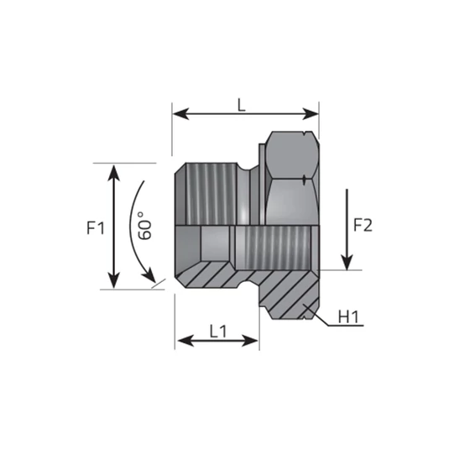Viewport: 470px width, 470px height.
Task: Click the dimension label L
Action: point(242,104)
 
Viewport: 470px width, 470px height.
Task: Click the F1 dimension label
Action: point(95,227)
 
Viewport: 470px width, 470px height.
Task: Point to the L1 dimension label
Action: point(217,331)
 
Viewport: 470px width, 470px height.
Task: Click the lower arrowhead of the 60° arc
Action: point(154,280)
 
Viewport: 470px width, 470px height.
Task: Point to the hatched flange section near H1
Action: point(290,294)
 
